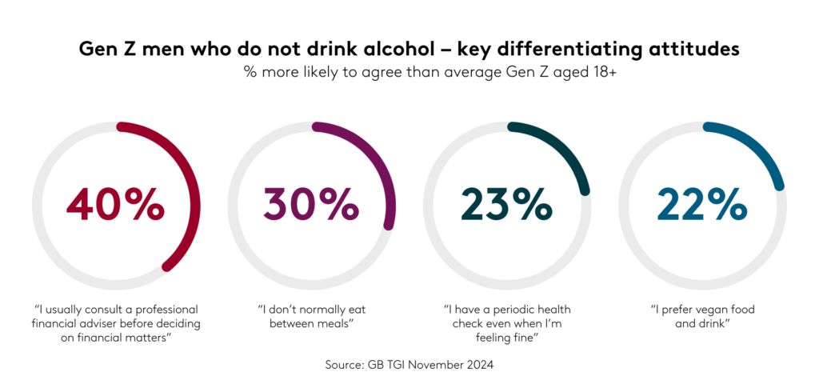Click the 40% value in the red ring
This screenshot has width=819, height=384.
click(x=115, y=205)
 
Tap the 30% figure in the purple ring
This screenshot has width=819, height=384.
click(x=311, y=205)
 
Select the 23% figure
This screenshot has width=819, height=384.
click(x=506, y=205)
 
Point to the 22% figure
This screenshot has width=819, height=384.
click(x=701, y=205)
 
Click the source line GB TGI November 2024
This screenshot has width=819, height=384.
click(x=409, y=364)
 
